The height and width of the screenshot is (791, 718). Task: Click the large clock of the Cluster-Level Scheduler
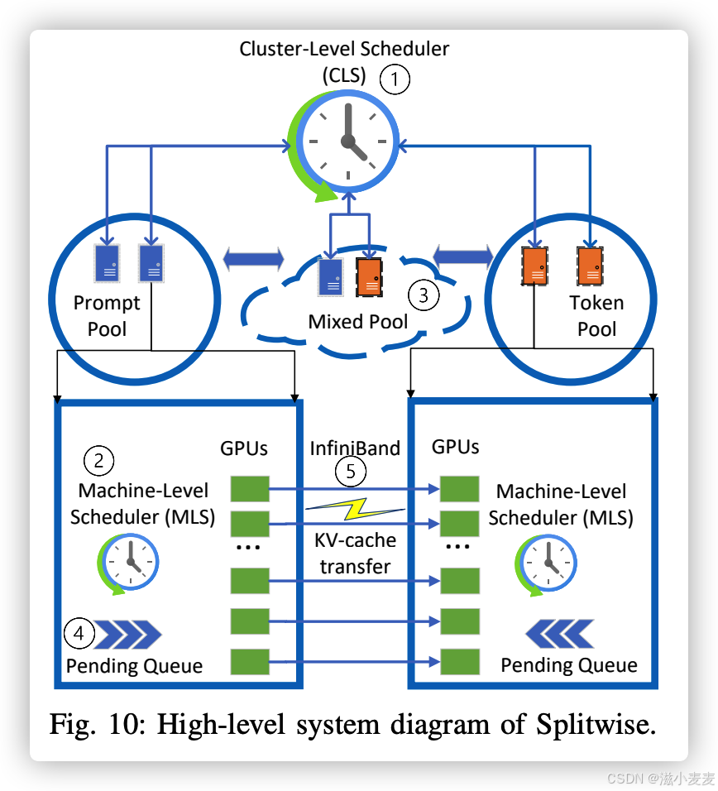[x=349, y=140]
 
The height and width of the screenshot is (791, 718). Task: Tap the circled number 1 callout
[x=395, y=79]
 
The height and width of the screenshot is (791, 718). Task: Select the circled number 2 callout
[x=99, y=460]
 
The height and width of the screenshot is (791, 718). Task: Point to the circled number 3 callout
[x=424, y=295]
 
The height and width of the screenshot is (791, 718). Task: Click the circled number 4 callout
[x=79, y=634]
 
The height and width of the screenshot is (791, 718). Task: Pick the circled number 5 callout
[x=351, y=472]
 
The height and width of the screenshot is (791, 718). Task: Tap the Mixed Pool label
[x=357, y=321]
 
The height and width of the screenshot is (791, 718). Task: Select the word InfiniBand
[x=355, y=448]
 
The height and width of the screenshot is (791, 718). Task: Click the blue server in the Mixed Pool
[x=331, y=276]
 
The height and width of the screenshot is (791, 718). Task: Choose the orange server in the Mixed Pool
[x=369, y=276]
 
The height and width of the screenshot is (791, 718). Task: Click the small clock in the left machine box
[x=128, y=563]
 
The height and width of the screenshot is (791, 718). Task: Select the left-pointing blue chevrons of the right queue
[x=560, y=634]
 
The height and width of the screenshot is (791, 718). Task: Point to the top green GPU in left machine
[x=249, y=489]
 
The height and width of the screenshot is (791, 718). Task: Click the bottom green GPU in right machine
[x=459, y=661]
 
